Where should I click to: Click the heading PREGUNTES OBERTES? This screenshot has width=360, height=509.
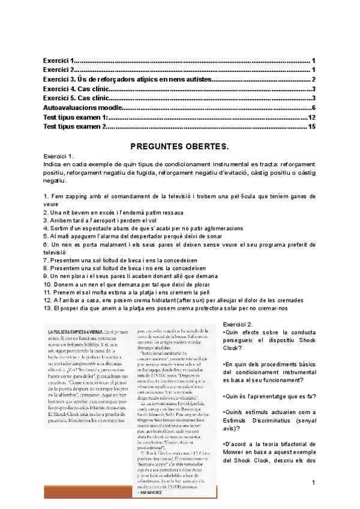pyautogui.click(x=179, y=146)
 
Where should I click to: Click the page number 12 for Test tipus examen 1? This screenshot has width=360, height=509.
pyautogui.click(x=312, y=117)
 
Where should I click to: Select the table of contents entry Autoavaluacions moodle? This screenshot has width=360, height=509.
pyautogui.click(x=82, y=107)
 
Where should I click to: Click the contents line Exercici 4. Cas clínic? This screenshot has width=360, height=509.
pyautogui.click(x=76, y=89)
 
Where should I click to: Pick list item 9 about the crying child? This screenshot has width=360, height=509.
pyautogui.click(x=131, y=276)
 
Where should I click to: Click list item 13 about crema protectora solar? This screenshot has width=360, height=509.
pyautogui.click(x=166, y=308)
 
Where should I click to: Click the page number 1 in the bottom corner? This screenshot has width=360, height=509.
pyautogui.click(x=313, y=483)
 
